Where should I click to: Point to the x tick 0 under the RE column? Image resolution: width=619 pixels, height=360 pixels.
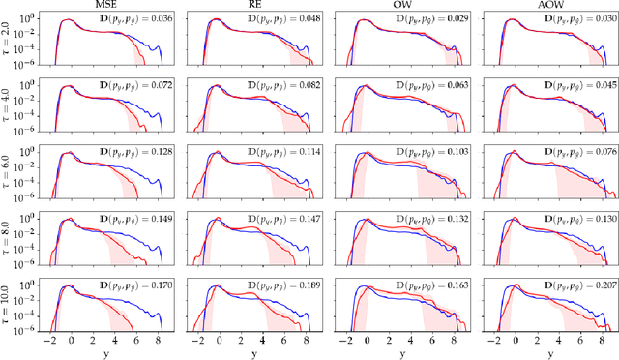point(220,340)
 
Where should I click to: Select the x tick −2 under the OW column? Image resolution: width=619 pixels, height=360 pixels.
point(343,340)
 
